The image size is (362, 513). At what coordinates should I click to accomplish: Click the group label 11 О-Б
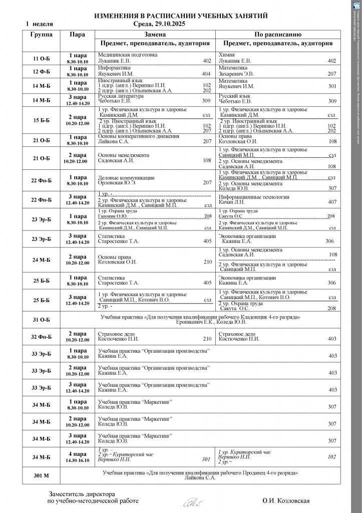click(x=41, y=58)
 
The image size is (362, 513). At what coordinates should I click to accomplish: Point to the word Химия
click(x=228, y=55)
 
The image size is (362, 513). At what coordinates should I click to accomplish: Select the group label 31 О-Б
click(x=41, y=319)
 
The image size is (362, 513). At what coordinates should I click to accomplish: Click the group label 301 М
click(x=41, y=475)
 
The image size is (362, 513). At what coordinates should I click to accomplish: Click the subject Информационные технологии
click(x=254, y=196)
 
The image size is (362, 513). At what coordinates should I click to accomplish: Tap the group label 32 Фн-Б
click(x=41, y=336)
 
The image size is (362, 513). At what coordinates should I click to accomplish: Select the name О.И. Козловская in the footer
click(x=286, y=501)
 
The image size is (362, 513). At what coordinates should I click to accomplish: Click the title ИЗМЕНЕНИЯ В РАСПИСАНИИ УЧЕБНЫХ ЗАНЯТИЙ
click(x=181, y=16)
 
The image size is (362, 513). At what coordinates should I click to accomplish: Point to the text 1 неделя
click(x=40, y=24)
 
